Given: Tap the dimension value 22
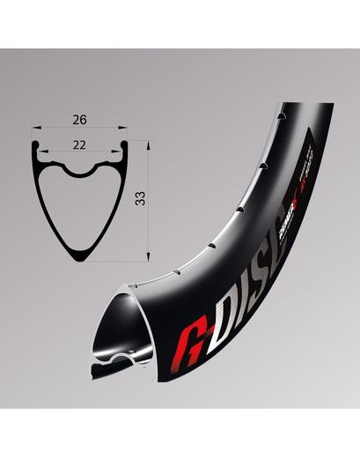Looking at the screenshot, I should pos(79,141).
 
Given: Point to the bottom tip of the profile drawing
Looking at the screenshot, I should pos(80,260).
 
